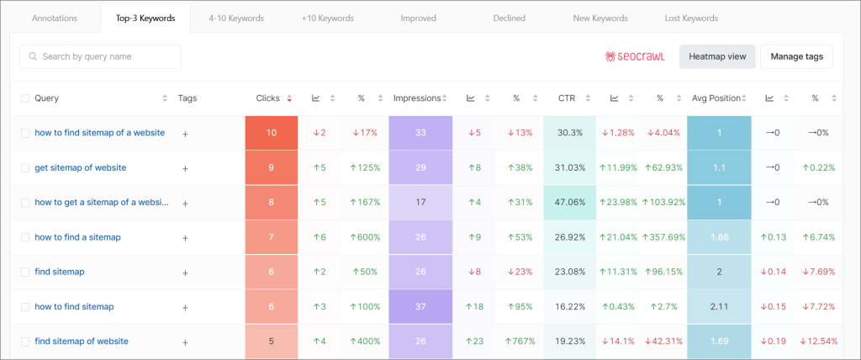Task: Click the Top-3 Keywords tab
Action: [x=145, y=18]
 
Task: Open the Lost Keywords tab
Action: [x=692, y=18]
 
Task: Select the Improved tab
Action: [x=418, y=18]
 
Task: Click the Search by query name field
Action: [x=100, y=56]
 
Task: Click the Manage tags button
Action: [x=796, y=56]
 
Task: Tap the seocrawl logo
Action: [x=635, y=56]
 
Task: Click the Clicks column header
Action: [x=268, y=98]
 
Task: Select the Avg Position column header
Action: [x=716, y=98]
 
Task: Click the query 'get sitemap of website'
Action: [x=81, y=167]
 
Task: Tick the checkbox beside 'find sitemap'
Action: [x=25, y=273]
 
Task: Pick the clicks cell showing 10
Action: [x=271, y=133]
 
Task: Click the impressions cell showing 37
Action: [x=420, y=307]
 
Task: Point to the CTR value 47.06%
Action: [x=570, y=203]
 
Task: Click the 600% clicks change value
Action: [x=365, y=237]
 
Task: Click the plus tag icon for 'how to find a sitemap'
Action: [x=186, y=238]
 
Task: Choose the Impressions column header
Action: [x=417, y=98]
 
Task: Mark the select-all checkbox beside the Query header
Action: [x=25, y=98]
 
